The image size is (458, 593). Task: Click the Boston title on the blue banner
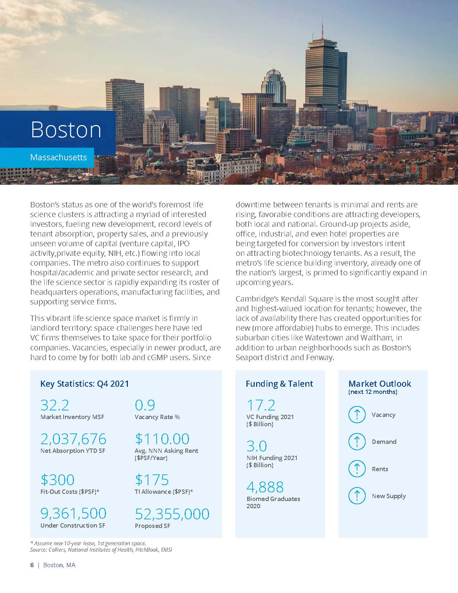pyautogui.click(x=66, y=130)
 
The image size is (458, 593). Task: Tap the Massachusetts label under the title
pyautogui.click(x=59, y=157)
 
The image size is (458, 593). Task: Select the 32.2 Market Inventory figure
pyautogui.click(x=55, y=405)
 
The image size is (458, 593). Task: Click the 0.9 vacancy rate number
pyautogui.click(x=145, y=405)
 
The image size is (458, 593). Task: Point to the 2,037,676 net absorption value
pyautogui.click(x=73, y=439)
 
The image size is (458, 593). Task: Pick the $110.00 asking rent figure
pyautogui.click(x=162, y=439)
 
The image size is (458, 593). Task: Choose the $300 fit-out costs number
pyautogui.click(x=57, y=480)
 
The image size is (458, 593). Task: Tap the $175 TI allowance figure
pyautogui.click(x=152, y=480)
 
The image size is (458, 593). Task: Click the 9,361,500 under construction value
pyautogui.click(x=73, y=514)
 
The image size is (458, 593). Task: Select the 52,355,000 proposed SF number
pyautogui.click(x=172, y=514)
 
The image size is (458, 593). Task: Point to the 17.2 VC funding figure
pyautogui.click(x=261, y=405)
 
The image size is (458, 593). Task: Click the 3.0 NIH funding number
pyautogui.click(x=256, y=446)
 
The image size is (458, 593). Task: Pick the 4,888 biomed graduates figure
pyautogui.click(x=265, y=487)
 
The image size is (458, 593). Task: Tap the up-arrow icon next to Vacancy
pyautogui.click(x=357, y=415)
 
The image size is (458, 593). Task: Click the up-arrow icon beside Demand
pyautogui.click(x=357, y=442)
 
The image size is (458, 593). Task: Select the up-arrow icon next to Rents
pyautogui.click(x=357, y=469)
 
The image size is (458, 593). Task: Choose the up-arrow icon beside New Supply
pyautogui.click(x=357, y=496)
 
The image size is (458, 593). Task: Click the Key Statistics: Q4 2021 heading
pyautogui.click(x=84, y=384)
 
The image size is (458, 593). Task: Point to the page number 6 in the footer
pyautogui.click(x=32, y=565)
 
